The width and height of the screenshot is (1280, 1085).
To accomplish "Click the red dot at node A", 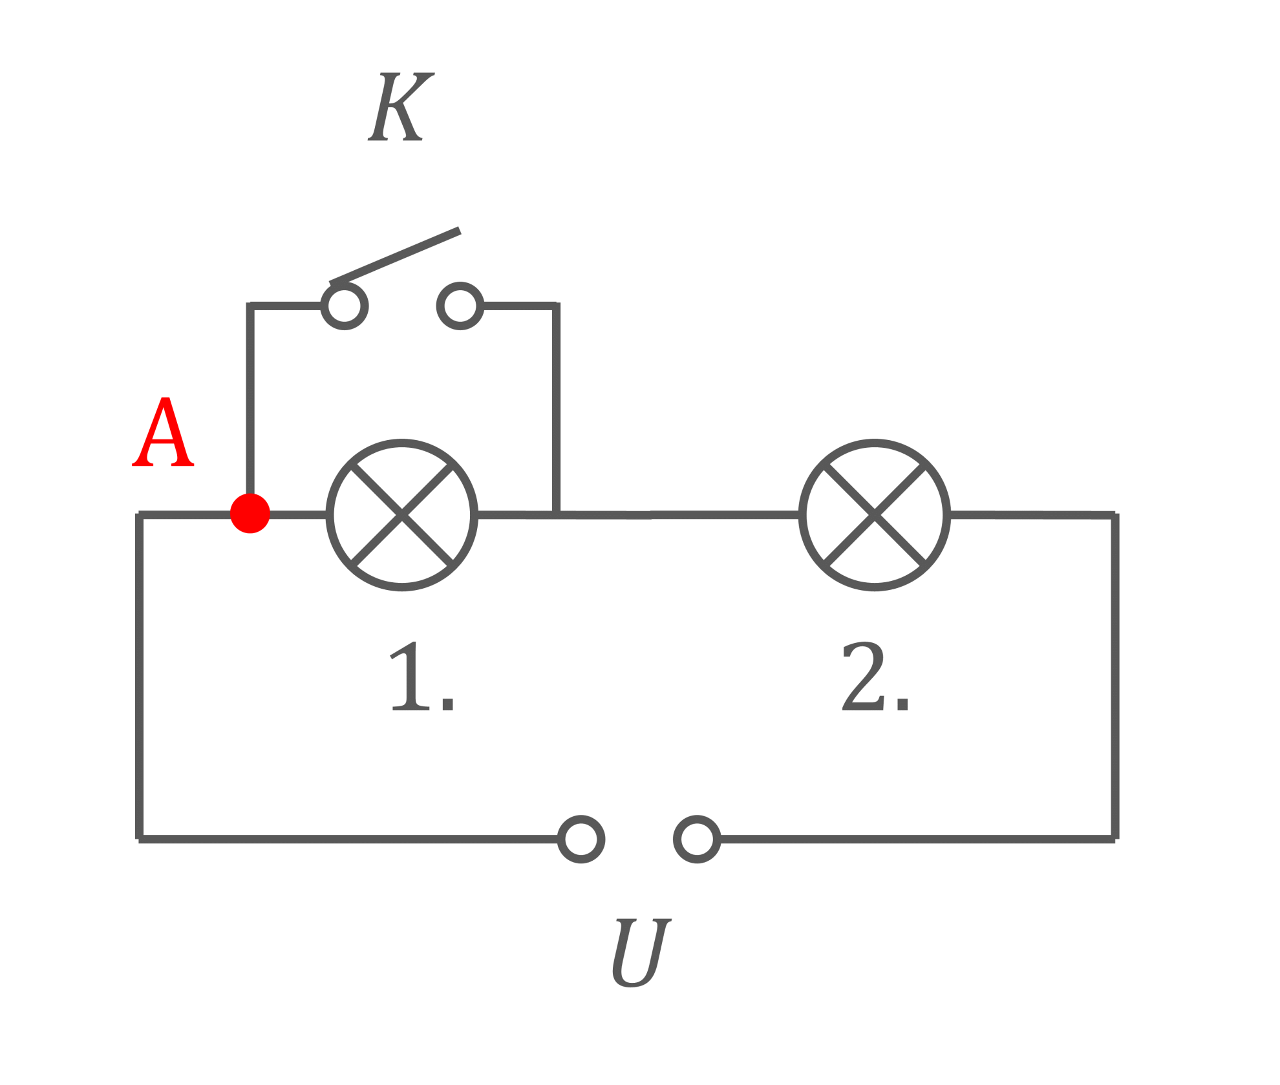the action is point(250,514).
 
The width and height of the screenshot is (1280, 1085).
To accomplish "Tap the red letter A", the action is point(163,432).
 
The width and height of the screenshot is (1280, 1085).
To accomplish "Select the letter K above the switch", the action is point(401,107).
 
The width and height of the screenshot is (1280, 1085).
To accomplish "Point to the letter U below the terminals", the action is point(641,953).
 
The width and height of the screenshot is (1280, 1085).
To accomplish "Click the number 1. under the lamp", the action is point(422,677).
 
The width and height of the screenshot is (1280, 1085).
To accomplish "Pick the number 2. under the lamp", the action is point(875,677).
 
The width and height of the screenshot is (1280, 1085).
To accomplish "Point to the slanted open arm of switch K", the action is point(395,257).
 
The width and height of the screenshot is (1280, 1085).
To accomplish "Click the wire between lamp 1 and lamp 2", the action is point(639,515).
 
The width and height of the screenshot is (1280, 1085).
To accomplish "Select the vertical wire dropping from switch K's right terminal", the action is point(556,408).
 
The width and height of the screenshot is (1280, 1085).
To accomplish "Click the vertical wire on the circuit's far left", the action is point(139,677).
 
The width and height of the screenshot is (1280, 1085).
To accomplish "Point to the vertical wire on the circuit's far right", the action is point(1115,677).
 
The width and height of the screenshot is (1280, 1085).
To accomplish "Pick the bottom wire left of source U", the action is point(348,839).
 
